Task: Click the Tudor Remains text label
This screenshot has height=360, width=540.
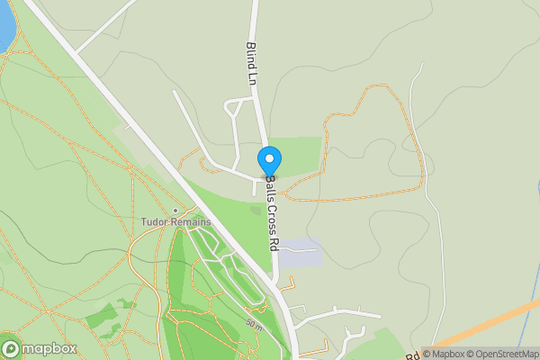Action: pyautogui.click(x=175, y=222)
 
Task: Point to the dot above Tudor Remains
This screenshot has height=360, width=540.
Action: pyautogui.click(x=175, y=211)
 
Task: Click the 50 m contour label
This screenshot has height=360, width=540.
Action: pyautogui.click(x=256, y=325)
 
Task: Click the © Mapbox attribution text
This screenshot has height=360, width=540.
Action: pyautogui.click(x=449, y=354)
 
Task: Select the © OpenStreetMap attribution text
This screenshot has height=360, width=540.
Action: pyautogui.click(x=507, y=354)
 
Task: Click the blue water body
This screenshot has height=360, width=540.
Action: pyautogui.click(x=4, y=27)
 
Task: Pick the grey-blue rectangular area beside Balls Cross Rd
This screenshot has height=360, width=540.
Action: pyautogui.click(x=299, y=253)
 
